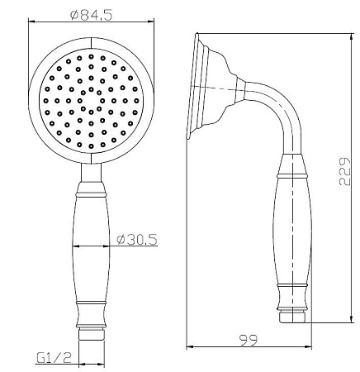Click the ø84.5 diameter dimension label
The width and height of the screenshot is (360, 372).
point(92,16)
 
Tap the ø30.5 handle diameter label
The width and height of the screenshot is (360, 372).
point(137,239)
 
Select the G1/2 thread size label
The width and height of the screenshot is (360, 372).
point(54,358)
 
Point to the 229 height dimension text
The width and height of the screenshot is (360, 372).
point(344,171)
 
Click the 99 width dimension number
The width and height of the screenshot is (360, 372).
point(249,340)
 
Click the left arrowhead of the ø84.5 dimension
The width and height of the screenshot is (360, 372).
point(31,21)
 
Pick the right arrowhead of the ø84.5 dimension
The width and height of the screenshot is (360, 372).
point(151,21)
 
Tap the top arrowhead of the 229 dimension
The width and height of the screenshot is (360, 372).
point(352,37)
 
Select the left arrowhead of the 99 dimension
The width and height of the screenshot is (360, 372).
point(190,346)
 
